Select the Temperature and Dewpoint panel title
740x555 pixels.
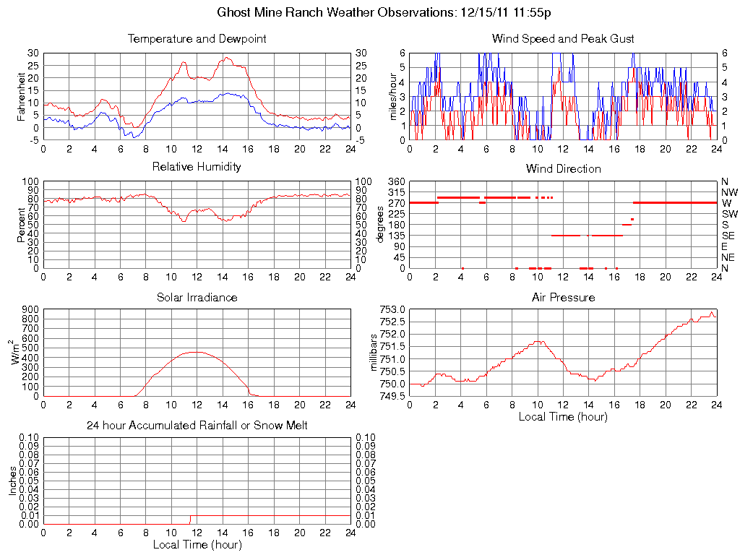197,38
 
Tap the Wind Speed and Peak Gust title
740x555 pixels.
563,38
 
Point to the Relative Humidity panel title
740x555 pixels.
197,167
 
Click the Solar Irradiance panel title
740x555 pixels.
197,297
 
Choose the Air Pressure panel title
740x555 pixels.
563,297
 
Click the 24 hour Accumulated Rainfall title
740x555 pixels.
197,426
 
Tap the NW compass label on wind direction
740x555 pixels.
729,192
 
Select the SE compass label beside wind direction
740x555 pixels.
728,235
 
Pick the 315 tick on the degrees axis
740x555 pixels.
394,192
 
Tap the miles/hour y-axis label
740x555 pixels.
394,96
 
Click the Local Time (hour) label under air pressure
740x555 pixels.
563,416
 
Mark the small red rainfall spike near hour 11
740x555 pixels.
190,520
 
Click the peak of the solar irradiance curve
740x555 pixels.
197,352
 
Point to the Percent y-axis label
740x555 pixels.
21,224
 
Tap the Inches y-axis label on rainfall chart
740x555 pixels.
12,481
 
